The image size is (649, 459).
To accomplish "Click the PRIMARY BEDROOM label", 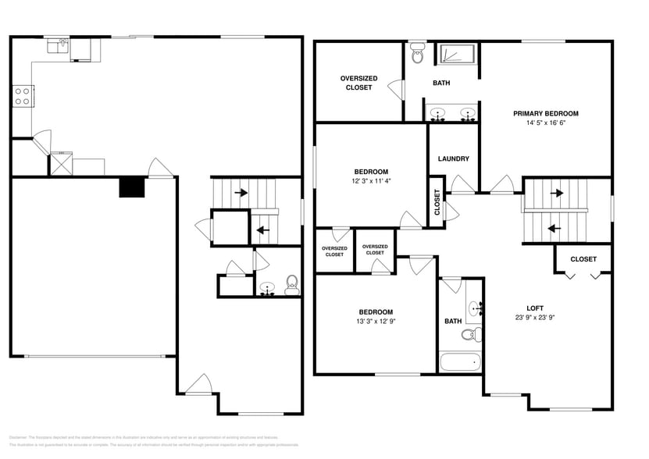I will click(545, 113).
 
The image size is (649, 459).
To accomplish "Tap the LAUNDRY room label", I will click(453, 158).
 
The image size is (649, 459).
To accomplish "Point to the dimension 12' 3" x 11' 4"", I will click(371, 181).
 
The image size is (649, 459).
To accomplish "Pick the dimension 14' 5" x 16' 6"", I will click(545, 123).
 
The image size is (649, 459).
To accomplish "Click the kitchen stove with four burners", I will click(22, 96).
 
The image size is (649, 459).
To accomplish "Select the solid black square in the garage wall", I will click(132, 187).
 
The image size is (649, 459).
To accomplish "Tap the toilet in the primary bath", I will click(417, 55).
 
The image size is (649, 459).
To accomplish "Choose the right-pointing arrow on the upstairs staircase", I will click(558, 192).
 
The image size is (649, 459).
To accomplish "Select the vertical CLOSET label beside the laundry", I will click(437, 202).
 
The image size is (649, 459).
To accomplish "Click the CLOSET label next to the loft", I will click(583, 259).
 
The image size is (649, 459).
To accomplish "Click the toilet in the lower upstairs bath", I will click(469, 335).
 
